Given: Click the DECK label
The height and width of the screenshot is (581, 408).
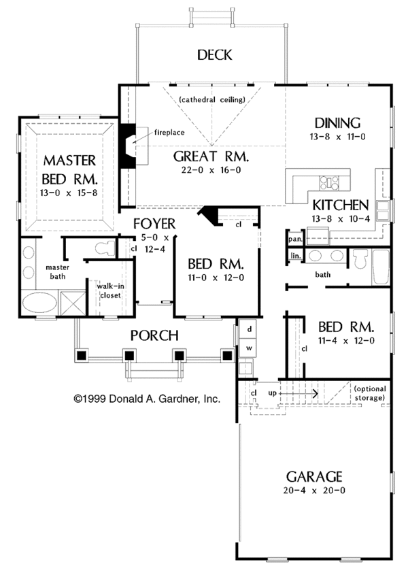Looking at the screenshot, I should tap(215, 55).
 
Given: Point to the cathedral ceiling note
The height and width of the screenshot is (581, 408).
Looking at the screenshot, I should tap(212, 100).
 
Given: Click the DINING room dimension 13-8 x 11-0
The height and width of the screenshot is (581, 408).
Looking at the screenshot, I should tap(337, 137).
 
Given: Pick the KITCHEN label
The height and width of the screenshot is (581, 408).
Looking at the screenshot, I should tap(340, 204).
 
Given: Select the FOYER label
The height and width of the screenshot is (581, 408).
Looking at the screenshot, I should tap(154, 223).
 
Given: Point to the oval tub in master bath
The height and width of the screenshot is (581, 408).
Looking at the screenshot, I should tap(34, 302).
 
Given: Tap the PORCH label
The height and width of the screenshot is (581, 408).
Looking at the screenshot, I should tap(154, 335).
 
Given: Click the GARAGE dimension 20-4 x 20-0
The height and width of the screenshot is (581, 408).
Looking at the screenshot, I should tap(313, 491).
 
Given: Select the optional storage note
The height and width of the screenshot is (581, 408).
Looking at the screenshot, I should tap(371, 393).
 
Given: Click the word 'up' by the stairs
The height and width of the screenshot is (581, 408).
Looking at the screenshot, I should tap(273, 393).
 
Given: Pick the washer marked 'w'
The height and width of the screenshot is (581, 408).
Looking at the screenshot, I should tap(250, 348).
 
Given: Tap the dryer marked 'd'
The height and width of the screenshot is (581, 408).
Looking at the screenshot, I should tap(250, 329).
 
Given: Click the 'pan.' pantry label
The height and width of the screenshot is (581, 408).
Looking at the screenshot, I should tap(294, 239).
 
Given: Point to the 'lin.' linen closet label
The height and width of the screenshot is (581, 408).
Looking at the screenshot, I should tap(294, 256).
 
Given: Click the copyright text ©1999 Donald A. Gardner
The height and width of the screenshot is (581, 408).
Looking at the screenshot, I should tap(146, 399).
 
